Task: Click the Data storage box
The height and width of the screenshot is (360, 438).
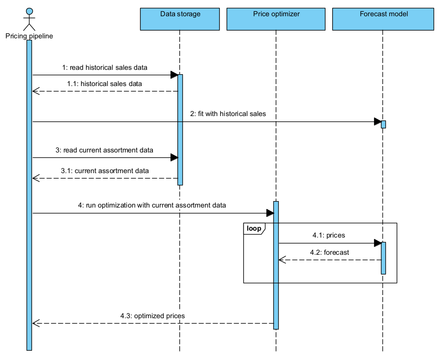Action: click(x=180, y=19)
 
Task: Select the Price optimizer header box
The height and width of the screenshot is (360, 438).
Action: click(x=276, y=19)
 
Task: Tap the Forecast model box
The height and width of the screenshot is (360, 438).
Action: click(x=383, y=19)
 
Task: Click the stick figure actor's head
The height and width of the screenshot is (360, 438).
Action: click(x=29, y=11)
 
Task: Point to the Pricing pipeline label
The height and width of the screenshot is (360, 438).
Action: click(x=29, y=36)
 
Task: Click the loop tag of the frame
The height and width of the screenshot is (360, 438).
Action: click(x=254, y=228)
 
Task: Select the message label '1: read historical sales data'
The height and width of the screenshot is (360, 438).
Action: click(x=105, y=67)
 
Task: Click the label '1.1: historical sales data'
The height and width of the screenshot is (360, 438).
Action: click(x=105, y=84)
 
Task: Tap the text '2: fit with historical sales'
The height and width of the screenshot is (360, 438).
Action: click(x=228, y=114)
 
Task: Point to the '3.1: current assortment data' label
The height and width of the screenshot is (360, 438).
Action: click(x=105, y=171)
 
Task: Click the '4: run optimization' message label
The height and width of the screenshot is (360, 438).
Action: click(x=152, y=205)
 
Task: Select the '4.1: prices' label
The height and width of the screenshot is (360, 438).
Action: click(x=329, y=235)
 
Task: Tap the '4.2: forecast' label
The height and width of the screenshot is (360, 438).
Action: click(x=329, y=252)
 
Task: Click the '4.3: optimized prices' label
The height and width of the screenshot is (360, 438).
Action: click(x=152, y=315)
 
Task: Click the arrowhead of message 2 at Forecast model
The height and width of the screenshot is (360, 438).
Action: click(x=378, y=121)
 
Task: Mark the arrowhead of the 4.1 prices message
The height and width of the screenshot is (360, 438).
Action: click(x=378, y=243)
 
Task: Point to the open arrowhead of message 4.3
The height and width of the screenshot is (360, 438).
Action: click(x=35, y=323)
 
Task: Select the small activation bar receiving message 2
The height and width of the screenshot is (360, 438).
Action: click(x=383, y=124)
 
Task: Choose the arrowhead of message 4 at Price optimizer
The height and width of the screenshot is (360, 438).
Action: click(x=270, y=213)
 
